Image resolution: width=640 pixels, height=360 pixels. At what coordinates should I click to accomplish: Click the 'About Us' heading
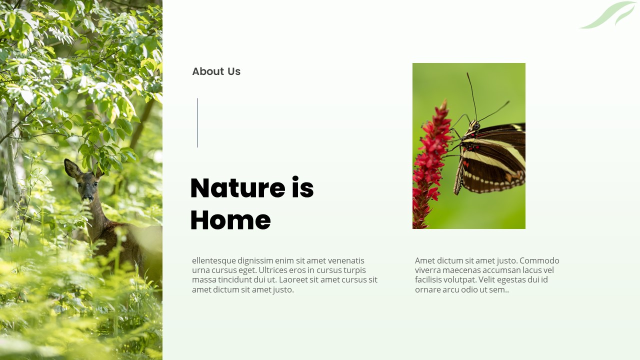tap(216, 71)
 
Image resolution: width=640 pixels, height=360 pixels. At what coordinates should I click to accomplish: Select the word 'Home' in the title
tap(230, 220)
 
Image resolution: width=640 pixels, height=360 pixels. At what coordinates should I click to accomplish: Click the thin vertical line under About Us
tap(197, 122)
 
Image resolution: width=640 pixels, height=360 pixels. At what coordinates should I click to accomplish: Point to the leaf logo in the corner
tap(608, 15)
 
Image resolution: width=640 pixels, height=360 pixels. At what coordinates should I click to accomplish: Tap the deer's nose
tap(87, 198)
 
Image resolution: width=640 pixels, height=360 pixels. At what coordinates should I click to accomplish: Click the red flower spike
tap(429, 165)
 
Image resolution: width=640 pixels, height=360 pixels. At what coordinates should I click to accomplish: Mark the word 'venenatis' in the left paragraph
tap(346, 260)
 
